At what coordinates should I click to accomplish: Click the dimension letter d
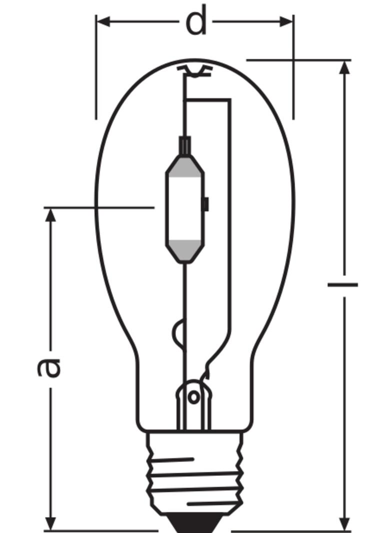[x=196, y=22]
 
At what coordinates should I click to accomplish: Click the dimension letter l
[x=343, y=284]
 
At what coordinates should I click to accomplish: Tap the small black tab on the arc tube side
[x=205, y=203]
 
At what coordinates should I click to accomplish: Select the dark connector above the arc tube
[x=185, y=145]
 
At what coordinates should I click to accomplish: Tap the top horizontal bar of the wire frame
[x=207, y=100]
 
